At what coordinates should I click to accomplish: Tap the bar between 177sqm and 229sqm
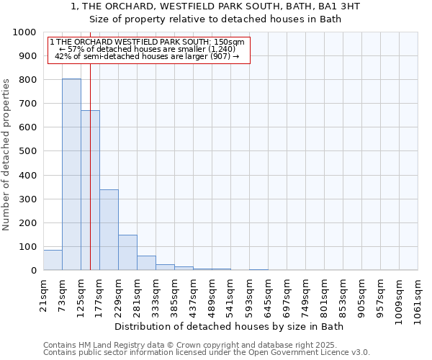109,230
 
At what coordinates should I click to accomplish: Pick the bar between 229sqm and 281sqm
127,253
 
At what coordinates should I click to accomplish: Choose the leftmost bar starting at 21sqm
53,260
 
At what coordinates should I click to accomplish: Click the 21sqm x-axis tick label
43,294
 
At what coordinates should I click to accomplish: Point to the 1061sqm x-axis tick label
418,298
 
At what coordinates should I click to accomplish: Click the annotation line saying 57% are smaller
148,49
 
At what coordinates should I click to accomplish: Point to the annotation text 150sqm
233,42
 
